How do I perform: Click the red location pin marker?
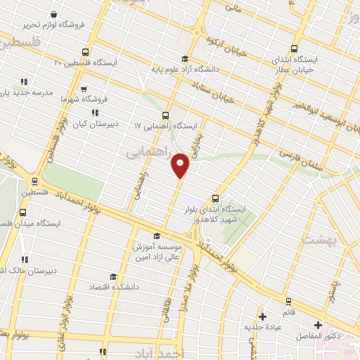pyautogui.click(x=181, y=165)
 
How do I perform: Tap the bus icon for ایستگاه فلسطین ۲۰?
pyautogui.click(x=85, y=52)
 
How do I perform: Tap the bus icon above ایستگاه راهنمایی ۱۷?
pyautogui.click(x=165, y=115)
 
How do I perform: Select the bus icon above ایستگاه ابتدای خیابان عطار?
pyautogui.click(x=294, y=49)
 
